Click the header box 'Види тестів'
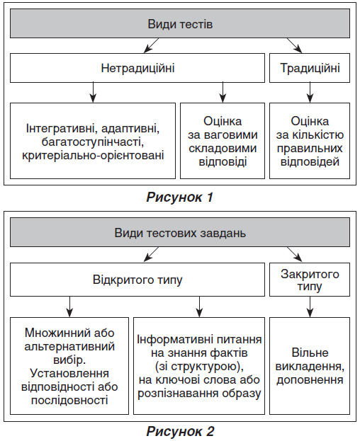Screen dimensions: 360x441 click(180, 23)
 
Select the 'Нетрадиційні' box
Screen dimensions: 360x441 click(137, 68)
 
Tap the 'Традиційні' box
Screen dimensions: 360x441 click(310, 68)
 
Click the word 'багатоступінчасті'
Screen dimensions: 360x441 click(93, 142)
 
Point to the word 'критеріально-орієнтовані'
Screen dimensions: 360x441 click(93, 156)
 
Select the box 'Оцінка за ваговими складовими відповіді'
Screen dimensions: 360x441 click(223, 141)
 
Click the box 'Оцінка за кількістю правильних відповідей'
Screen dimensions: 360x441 click(310, 141)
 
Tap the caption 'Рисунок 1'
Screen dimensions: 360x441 click(179, 197)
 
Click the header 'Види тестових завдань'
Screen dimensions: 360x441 click(180, 233)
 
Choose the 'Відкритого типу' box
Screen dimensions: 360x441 click(137, 280)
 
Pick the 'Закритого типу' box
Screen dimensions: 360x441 click(310, 280)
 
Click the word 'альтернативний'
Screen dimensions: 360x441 click(69, 347)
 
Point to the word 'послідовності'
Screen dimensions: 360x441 click(69, 400)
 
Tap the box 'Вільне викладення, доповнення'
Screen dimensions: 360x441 click(310, 366)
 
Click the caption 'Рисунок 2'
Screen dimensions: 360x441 click(180, 431)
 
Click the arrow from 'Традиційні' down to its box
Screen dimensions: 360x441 click(310, 93)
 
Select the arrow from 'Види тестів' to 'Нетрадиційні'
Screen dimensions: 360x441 click(151, 45)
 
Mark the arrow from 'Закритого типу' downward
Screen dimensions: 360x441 click(310, 307)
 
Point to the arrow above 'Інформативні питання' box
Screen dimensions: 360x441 click(199, 307)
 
